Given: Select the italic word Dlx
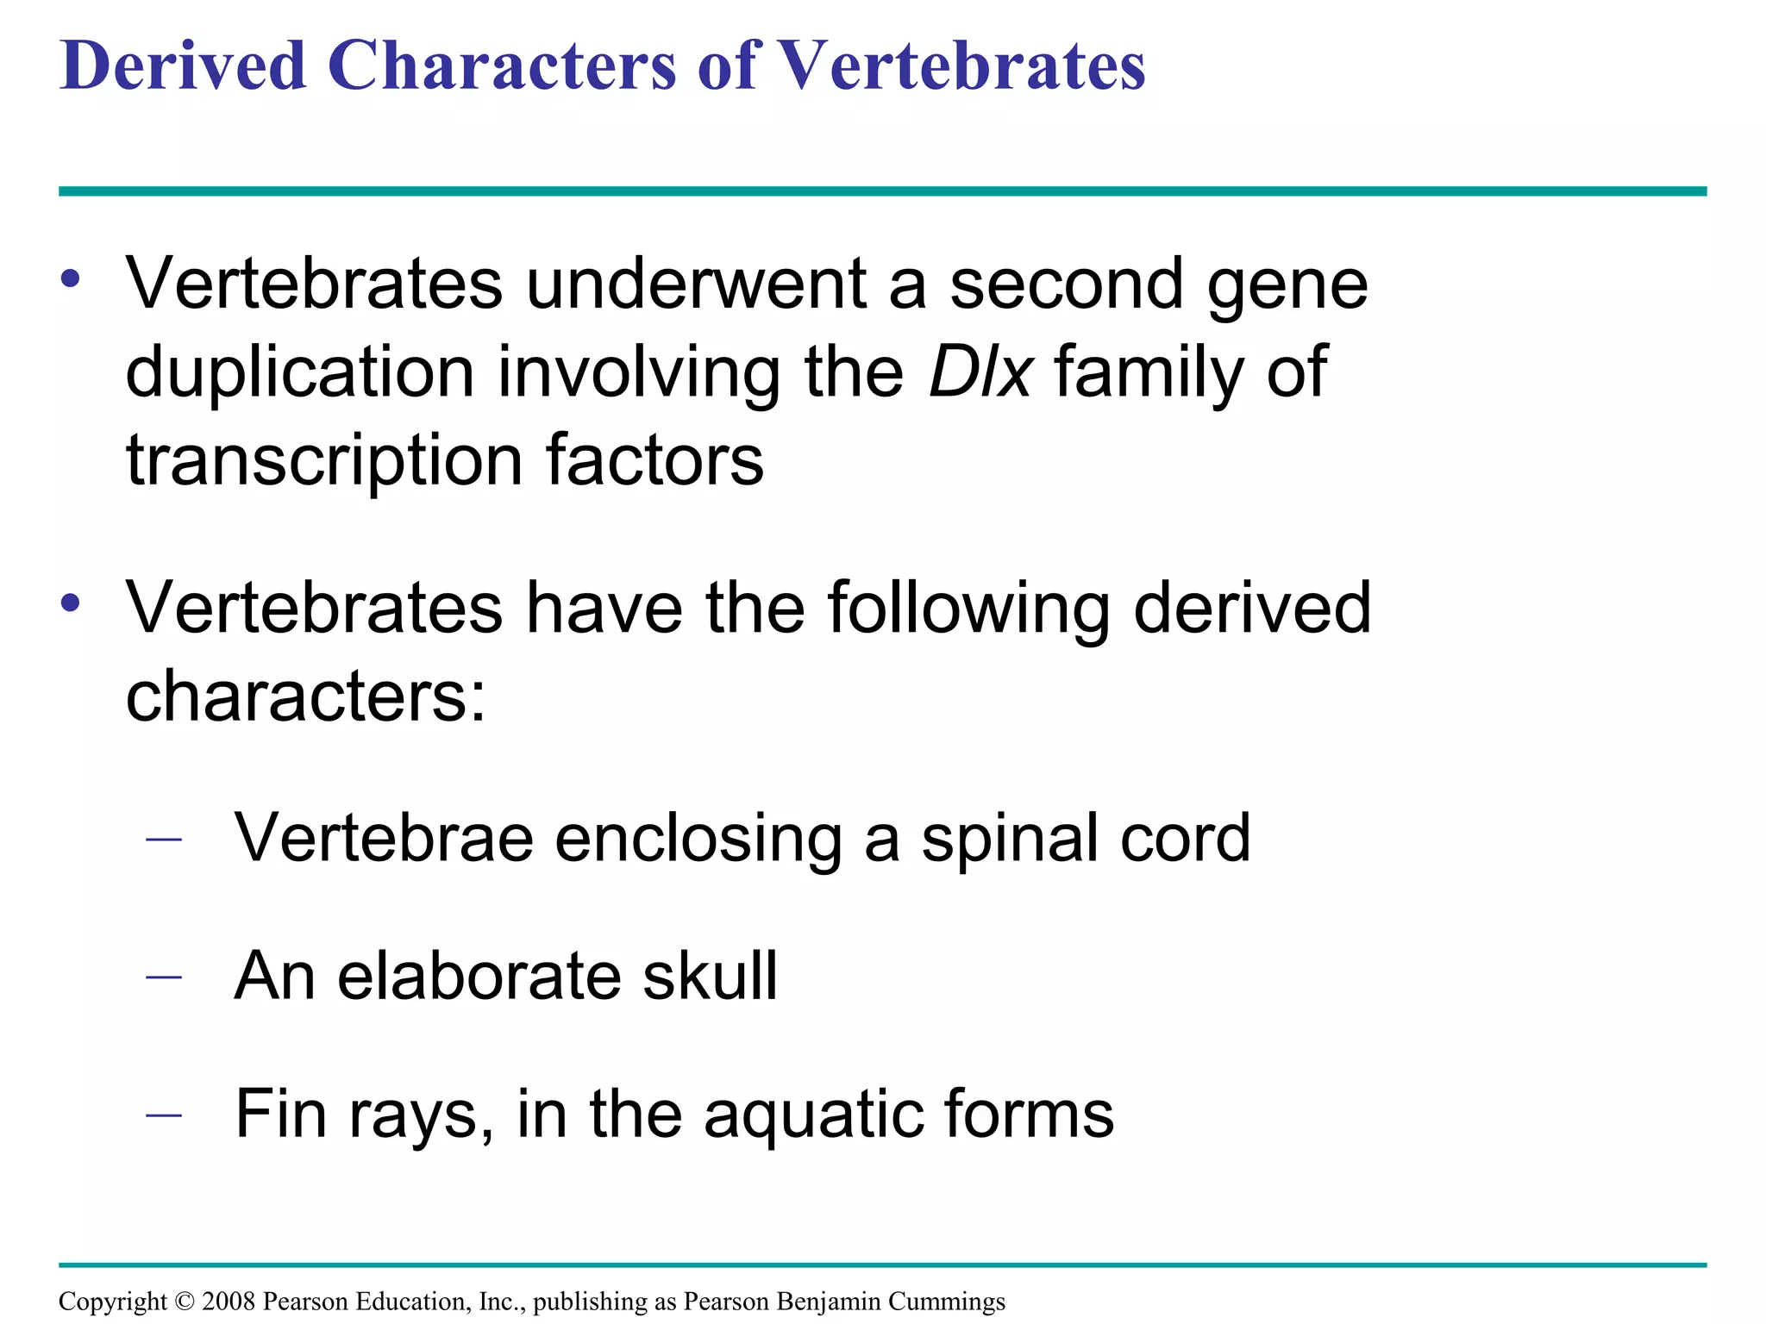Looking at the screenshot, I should click(980, 372).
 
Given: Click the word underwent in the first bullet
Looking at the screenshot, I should click(696, 284).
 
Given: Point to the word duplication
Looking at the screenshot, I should click(300, 372).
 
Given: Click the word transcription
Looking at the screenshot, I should click(324, 460).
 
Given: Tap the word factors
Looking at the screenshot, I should click(654, 460).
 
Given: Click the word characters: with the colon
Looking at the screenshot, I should click(306, 696).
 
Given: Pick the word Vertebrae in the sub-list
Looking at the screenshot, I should click(384, 838).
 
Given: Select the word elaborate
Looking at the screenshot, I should click(479, 976).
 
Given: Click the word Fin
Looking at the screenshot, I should click(280, 1114).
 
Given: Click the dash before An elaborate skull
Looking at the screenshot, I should click(164, 977).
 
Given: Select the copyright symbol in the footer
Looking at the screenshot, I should click(185, 1302).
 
